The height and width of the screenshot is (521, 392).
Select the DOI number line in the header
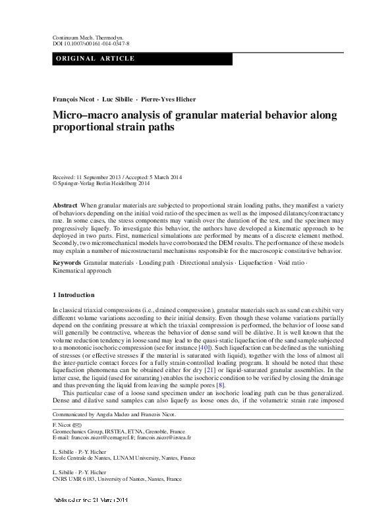click(x=90, y=45)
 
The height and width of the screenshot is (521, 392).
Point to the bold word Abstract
click(x=65, y=206)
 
